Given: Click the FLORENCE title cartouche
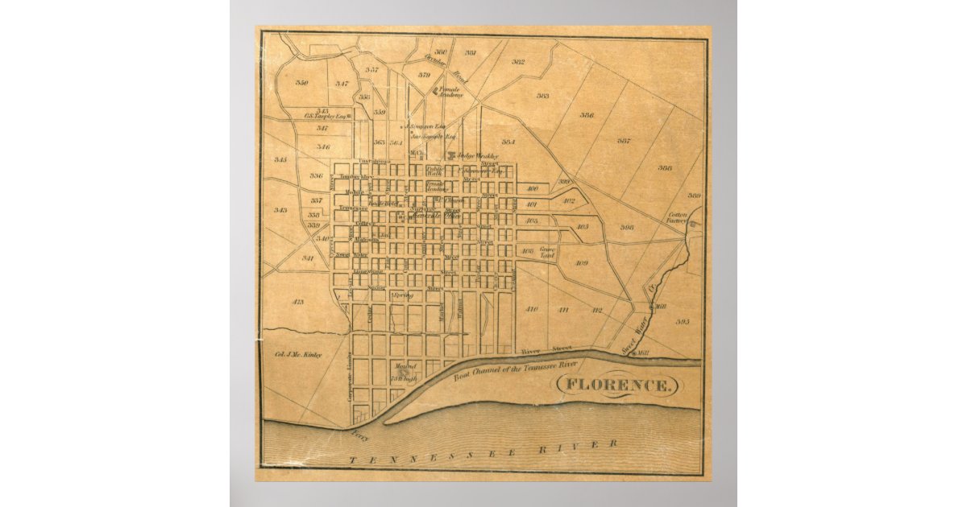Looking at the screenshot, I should click(x=617, y=385).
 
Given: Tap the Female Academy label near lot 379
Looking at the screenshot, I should click(x=451, y=93).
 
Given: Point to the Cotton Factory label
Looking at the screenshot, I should click(x=678, y=218).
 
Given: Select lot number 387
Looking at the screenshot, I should click(x=623, y=141).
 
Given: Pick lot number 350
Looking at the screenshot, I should click(x=301, y=83).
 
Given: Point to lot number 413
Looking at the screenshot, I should click(x=297, y=302).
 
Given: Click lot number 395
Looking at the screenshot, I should click(x=683, y=322).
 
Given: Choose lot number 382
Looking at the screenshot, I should click(x=517, y=62).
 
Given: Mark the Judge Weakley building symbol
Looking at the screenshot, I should click(x=452, y=155).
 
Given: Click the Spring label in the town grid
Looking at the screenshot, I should click(x=402, y=296).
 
